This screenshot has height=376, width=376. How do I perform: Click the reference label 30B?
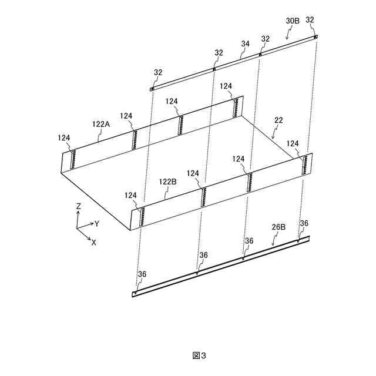pyautogui.click(x=293, y=21)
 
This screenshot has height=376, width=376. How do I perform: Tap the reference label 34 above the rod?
pyautogui.click(x=246, y=43)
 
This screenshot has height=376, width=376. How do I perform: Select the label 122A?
pyautogui.click(x=101, y=124)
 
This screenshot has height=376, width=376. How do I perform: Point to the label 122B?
pyautogui.click(x=167, y=182)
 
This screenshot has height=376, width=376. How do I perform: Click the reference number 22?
pyautogui.click(x=278, y=120)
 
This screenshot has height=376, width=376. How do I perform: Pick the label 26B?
pyautogui.click(x=278, y=226)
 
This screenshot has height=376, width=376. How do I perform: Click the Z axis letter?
pyautogui.click(x=78, y=207)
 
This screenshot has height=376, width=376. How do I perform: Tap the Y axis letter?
pyautogui.click(x=97, y=224)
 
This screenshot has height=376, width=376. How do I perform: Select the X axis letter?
pyautogui.click(x=93, y=242)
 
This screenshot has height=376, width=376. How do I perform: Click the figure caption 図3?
pyautogui.click(x=200, y=355)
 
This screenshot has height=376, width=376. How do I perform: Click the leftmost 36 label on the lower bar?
pyautogui.click(x=142, y=274)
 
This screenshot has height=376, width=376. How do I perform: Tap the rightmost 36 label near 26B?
pyautogui.click(x=304, y=223)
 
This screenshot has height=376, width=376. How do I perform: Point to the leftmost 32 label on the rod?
pyautogui.click(x=158, y=73)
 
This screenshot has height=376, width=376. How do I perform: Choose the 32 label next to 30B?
pyautogui.click(x=310, y=20)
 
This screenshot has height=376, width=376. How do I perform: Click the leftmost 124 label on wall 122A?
pyautogui.click(x=64, y=137)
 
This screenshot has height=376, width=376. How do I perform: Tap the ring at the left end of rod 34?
pyautogui.click(x=152, y=89)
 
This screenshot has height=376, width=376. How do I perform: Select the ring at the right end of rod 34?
pyautogui.click(x=316, y=36)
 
